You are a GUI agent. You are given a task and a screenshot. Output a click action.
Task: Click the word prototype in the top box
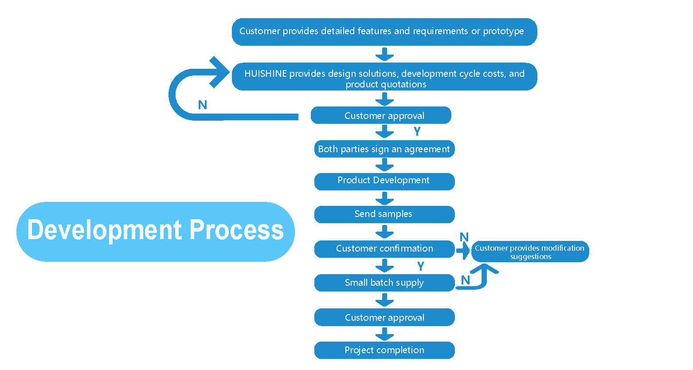[x=503, y=31]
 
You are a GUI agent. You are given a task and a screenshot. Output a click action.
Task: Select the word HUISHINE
[x=266, y=74]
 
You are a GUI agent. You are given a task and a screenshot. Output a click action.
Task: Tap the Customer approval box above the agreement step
[x=381, y=115]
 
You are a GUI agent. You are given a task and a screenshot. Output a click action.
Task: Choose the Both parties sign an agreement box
[x=384, y=149]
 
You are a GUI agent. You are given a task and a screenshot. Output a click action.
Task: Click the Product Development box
[x=384, y=181]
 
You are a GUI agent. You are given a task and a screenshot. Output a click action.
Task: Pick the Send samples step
[x=384, y=214]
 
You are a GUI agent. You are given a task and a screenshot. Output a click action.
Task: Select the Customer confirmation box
[x=384, y=249]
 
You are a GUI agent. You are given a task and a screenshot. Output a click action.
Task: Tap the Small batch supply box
[x=384, y=283]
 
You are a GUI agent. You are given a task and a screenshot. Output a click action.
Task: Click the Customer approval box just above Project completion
[x=384, y=318]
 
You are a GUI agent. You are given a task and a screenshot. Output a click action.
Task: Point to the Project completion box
[x=384, y=350]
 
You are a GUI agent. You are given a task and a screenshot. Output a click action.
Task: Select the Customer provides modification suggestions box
[x=530, y=252]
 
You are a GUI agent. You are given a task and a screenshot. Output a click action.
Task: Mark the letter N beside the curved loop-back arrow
[x=203, y=105]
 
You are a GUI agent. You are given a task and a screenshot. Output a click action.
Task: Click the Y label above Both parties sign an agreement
[x=417, y=131]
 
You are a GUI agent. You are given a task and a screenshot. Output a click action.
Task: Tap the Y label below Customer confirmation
[x=421, y=266]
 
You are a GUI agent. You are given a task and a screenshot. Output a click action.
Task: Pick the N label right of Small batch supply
[x=465, y=280]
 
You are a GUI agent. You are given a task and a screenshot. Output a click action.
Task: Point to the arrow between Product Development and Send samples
[x=384, y=198]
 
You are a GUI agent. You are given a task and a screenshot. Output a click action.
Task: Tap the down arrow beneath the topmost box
[x=384, y=55]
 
